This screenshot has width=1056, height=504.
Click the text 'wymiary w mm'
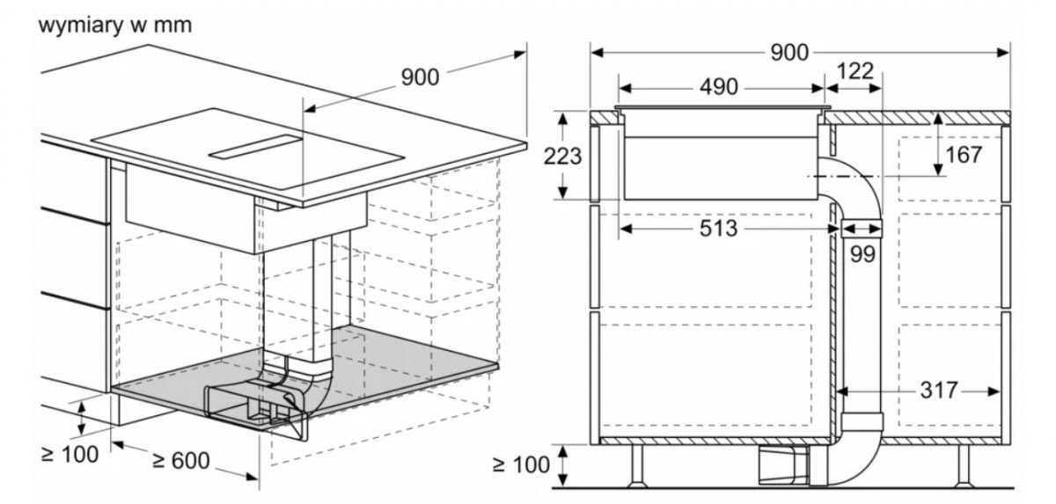click(115, 25)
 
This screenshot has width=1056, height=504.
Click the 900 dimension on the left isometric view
click(420, 77)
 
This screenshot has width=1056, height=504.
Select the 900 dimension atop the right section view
click(789, 52)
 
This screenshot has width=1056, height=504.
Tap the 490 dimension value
click(718, 87)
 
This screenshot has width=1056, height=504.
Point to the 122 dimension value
click(854, 71)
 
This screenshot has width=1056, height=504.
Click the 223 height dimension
click(562, 156)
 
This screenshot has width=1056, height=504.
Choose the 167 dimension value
click(964, 155)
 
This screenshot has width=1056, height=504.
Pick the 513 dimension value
click(718, 229)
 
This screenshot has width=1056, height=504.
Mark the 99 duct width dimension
click(862, 254)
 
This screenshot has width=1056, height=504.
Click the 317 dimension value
click(939, 390)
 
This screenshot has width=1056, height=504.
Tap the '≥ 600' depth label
click(181, 460)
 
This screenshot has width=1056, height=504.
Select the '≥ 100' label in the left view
click(70, 454)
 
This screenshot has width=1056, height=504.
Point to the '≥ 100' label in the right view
click(521, 464)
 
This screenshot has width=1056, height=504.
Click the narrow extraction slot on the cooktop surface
click(255, 147)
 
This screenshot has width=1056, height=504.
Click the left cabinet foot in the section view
click(637, 466)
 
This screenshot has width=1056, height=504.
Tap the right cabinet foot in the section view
click(963, 466)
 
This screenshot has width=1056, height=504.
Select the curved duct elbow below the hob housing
click(854, 183)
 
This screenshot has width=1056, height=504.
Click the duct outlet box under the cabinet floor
click(783, 465)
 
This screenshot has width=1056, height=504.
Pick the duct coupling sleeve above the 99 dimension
click(861, 226)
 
